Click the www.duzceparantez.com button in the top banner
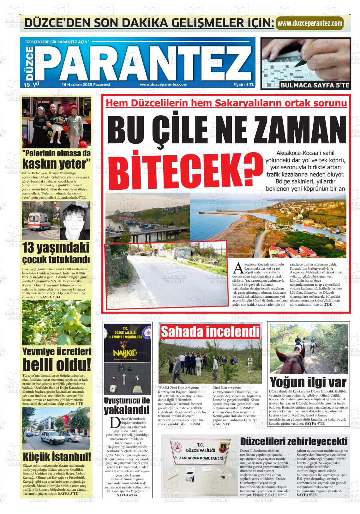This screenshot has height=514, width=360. (x=310, y=23)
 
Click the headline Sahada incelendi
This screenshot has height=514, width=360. (x=210, y=332)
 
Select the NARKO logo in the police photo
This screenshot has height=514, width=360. (x=123, y=353)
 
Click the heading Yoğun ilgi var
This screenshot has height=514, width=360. (x=308, y=382)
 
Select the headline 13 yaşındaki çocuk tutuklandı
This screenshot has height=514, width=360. (x=57, y=253)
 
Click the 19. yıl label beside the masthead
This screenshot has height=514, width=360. (x=31, y=84)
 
